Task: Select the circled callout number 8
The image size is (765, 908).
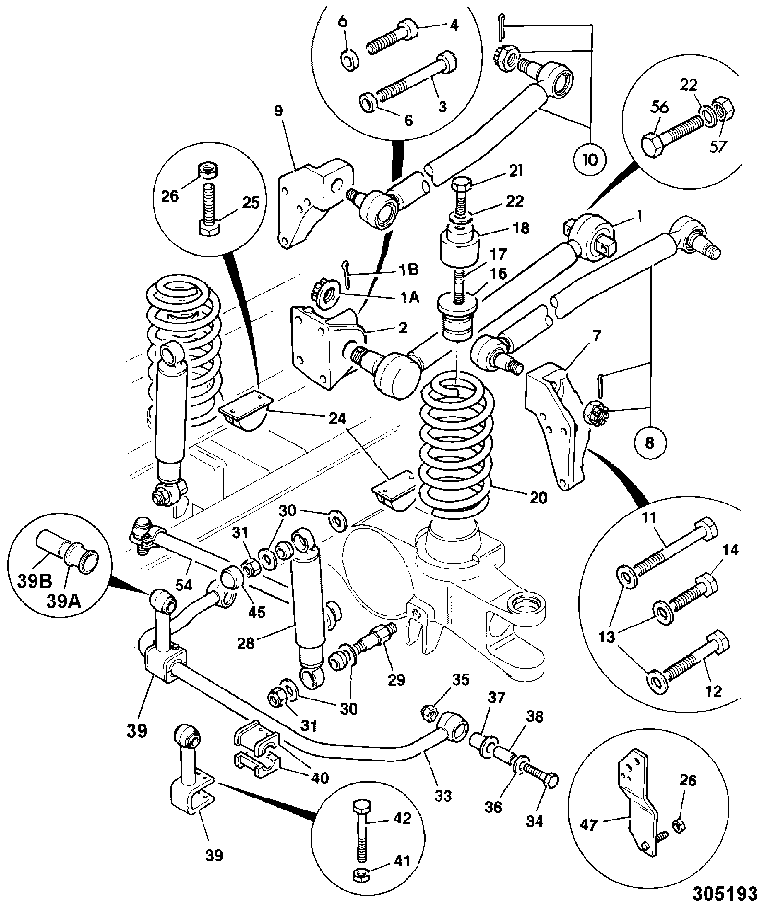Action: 649,442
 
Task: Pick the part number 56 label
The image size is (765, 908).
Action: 659,108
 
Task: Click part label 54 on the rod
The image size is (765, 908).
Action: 184,585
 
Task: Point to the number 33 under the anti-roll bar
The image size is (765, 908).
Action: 442,796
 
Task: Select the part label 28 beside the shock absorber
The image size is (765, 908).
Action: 246,643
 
